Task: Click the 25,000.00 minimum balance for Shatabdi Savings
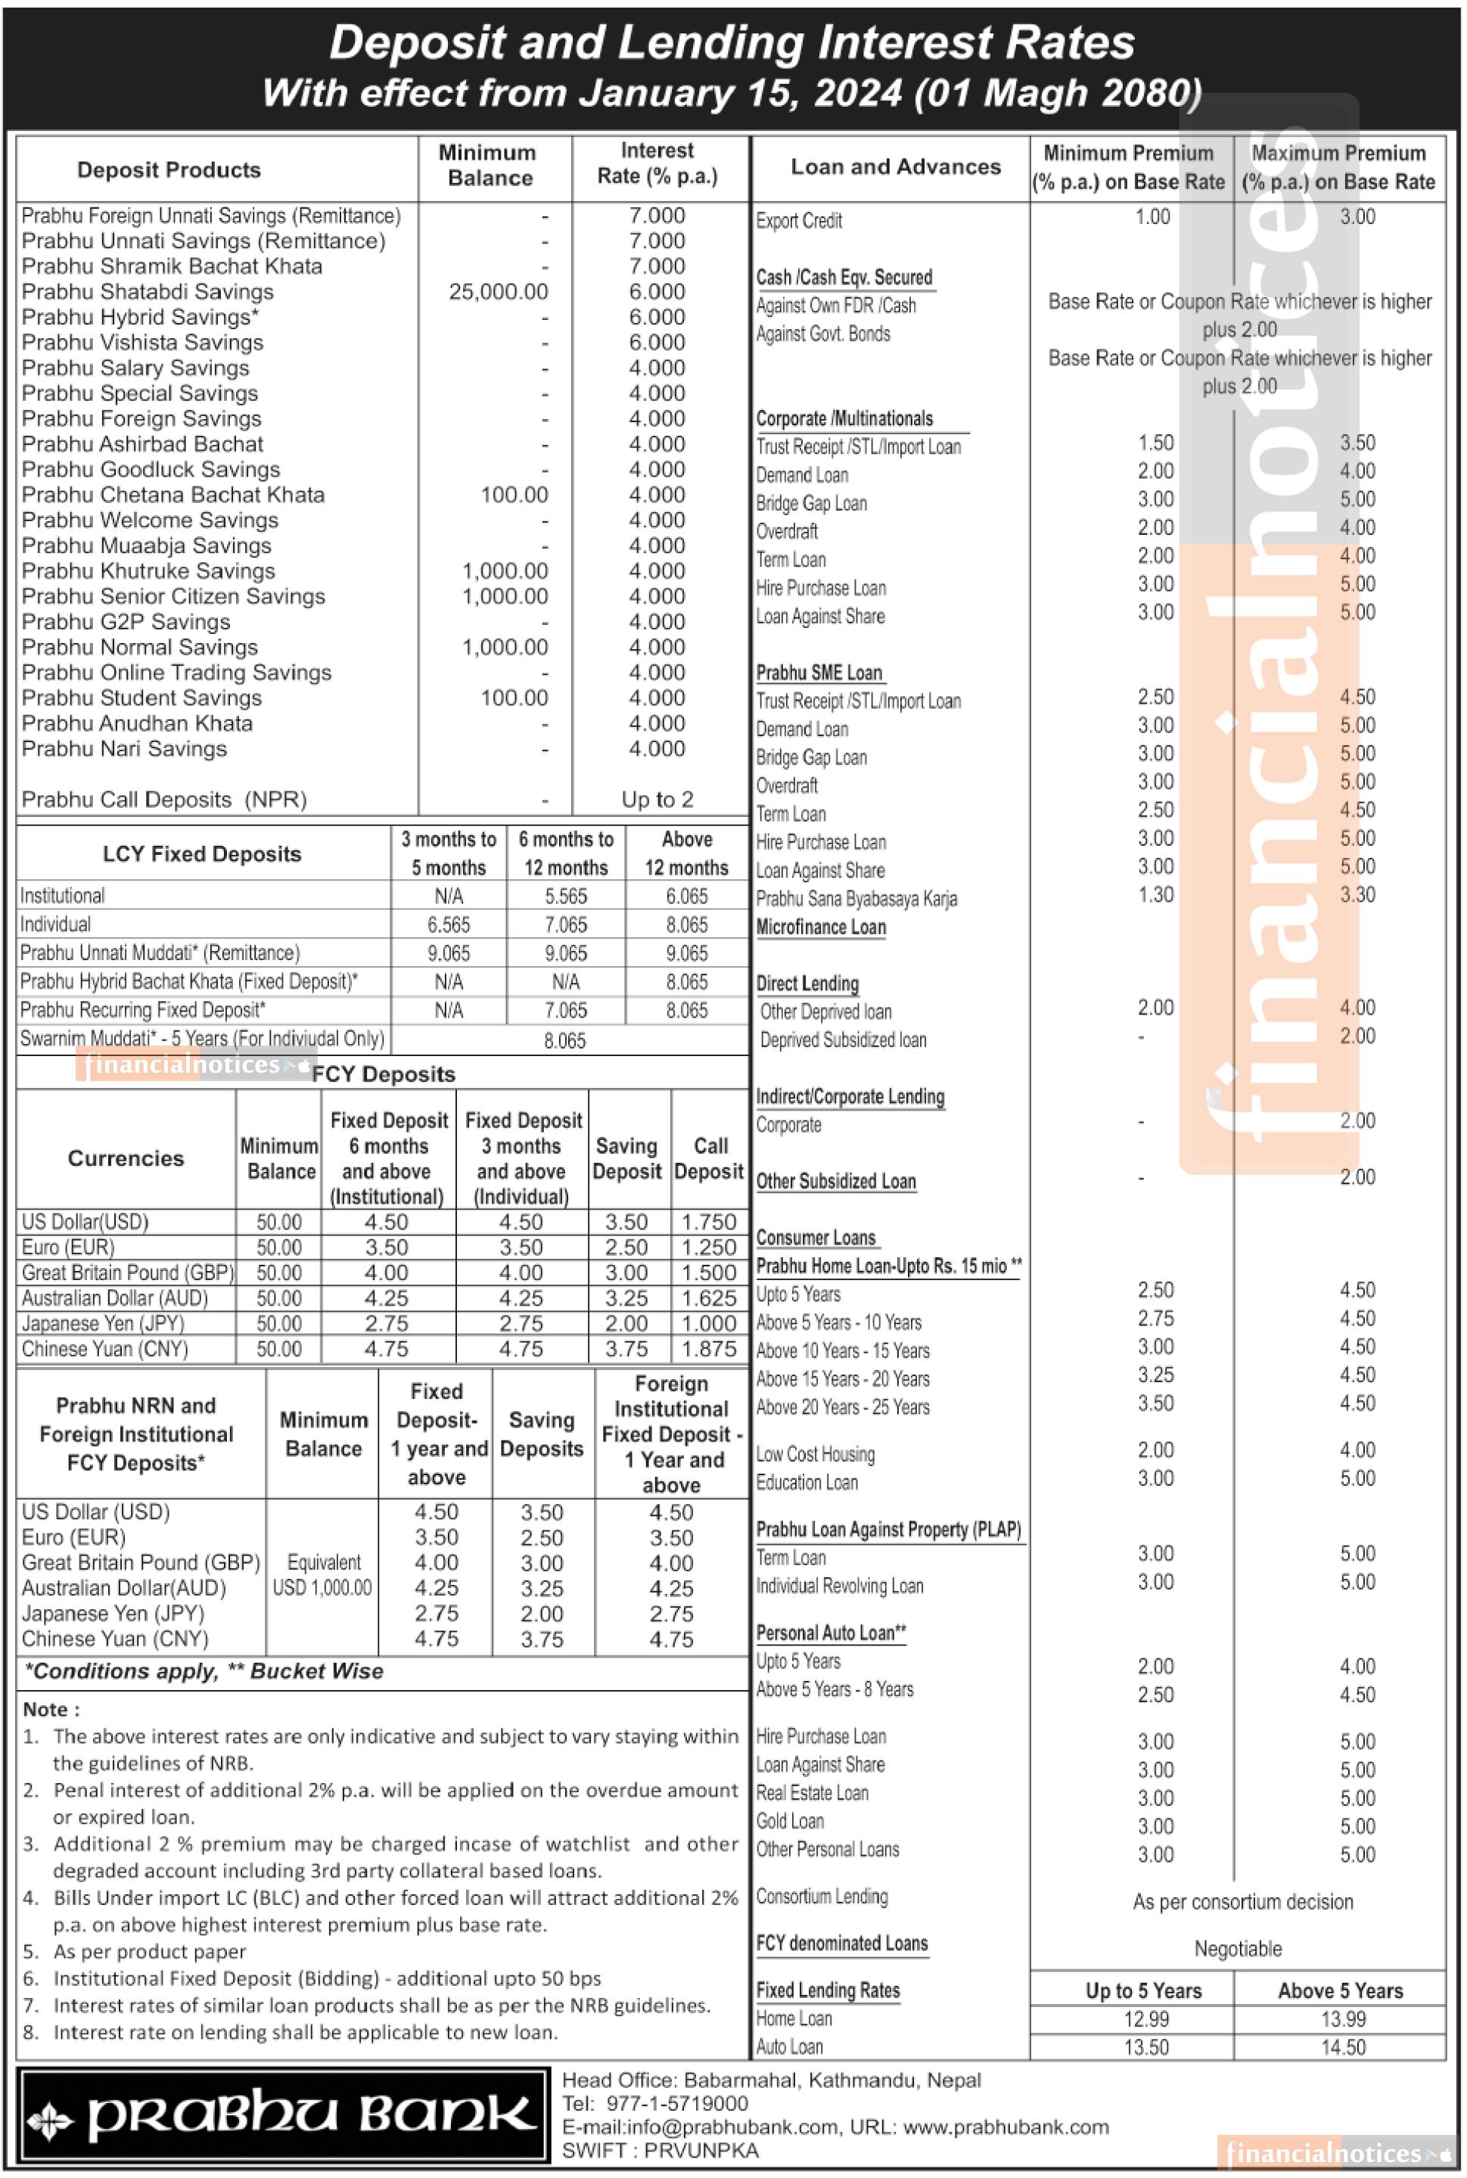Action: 498,292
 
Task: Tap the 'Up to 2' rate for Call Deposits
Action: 657,799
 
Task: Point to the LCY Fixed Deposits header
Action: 202,853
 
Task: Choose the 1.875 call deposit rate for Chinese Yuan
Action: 708,1348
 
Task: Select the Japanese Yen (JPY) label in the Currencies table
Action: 103,1323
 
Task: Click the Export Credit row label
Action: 799,221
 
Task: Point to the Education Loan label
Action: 807,1482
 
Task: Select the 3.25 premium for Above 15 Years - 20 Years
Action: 1155,1375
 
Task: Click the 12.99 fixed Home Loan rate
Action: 1146,2019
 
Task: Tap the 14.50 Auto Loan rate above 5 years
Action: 1343,2047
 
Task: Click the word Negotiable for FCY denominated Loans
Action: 1238,1949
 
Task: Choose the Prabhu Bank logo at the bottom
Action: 284,2116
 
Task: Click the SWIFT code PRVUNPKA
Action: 660,2150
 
